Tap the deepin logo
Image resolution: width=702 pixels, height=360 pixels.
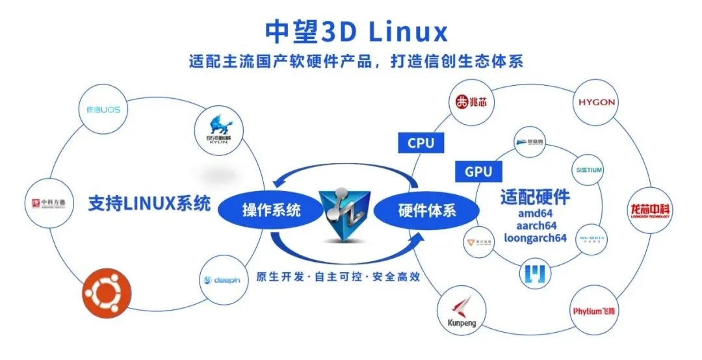pos(222,280)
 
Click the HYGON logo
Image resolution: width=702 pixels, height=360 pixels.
pos(595,103)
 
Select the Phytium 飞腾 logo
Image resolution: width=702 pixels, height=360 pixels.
pos(593,311)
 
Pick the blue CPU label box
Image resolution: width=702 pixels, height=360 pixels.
pos(421,143)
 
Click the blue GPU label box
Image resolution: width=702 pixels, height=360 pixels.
pos(478,172)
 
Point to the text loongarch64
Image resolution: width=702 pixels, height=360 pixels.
pos(535,238)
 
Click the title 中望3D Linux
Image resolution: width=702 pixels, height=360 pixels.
pos(356,31)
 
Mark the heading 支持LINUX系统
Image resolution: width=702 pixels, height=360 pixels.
pos(149,203)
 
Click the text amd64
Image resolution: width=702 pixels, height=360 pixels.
pos(535,212)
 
